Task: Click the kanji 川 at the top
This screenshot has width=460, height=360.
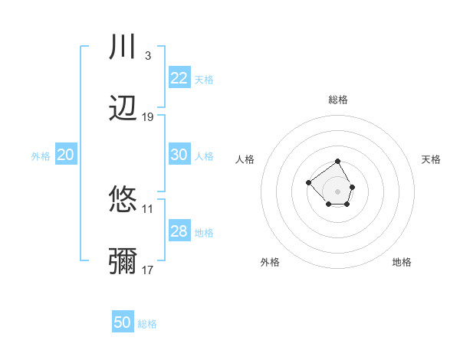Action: pos(123,47)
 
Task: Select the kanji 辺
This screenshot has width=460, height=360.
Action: pos(123,109)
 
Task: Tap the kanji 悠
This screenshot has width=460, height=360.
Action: pos(123,200)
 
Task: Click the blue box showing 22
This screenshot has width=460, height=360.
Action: pos(179,78)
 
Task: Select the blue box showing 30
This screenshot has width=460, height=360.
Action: pos(179,155)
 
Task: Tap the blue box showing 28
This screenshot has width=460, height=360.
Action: pos(179,231)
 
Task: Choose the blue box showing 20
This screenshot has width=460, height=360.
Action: pos(66,155)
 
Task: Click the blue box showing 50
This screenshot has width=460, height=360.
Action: pos(123,322)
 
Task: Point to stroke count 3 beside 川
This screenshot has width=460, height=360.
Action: pos(147,55)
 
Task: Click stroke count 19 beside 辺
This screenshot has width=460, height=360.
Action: pos(148,117)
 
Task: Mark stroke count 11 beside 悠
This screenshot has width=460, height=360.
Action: pos(148,208)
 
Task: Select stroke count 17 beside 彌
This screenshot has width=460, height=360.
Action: pos(148,270)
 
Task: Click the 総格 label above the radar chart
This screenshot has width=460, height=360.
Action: pos(338,100)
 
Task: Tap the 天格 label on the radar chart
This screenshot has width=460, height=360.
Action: pos(431,159)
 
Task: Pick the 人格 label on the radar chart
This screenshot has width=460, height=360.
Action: pos(245,159)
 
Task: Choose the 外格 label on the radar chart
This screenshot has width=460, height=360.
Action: pos(270,262)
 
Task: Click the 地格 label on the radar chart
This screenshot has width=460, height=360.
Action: pos(402,262)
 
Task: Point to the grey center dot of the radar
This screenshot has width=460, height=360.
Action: pos(338,191)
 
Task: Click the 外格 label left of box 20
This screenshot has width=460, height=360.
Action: pos(41,155)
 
